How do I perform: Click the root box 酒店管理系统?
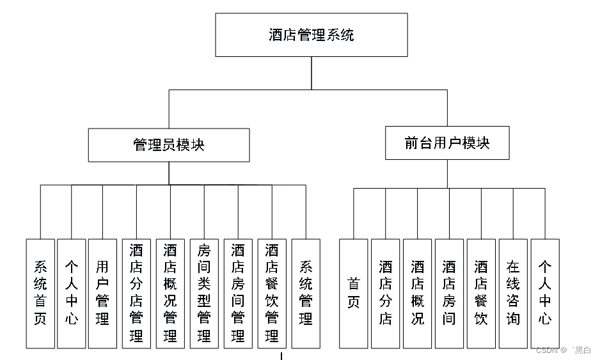pos(311,35)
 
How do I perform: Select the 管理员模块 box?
pos(169,145)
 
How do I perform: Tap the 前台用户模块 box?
pos(447,143)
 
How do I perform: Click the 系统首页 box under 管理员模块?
pos(40,293)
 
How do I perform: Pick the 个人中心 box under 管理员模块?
pos(71,293)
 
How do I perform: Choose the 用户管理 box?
pos(102,293)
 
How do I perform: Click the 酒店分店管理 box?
pos(136,293)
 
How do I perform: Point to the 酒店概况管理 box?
pos(170,293)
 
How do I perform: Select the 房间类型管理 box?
pos(204,293)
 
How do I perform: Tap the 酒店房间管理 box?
pos(238,293)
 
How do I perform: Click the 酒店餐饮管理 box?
pos(272,293)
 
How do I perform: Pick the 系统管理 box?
pos(306,293)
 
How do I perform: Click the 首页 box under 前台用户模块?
pos(354,293)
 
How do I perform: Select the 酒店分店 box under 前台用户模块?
pos(386,293)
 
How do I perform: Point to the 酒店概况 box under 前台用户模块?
pos(418,293)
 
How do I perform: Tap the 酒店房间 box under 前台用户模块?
pos(450,293)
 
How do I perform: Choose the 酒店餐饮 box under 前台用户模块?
pos(481,293)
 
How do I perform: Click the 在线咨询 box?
pos(513,293)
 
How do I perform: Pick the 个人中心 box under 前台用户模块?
pos(545,293)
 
